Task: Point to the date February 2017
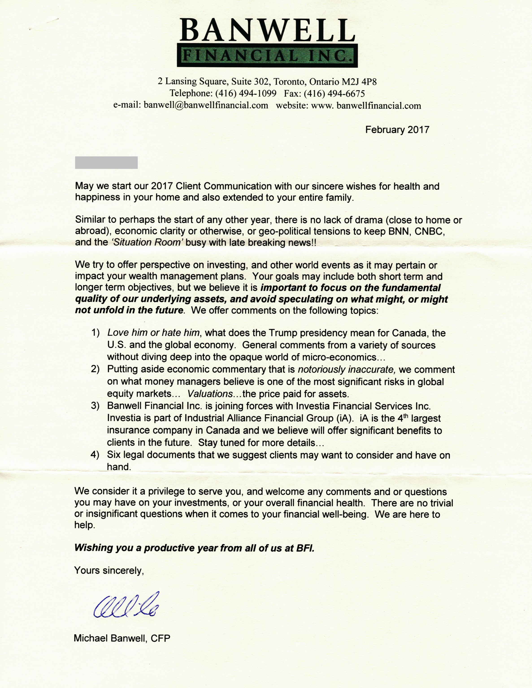click(397, 130)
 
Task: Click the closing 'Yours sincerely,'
click(109, 570)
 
